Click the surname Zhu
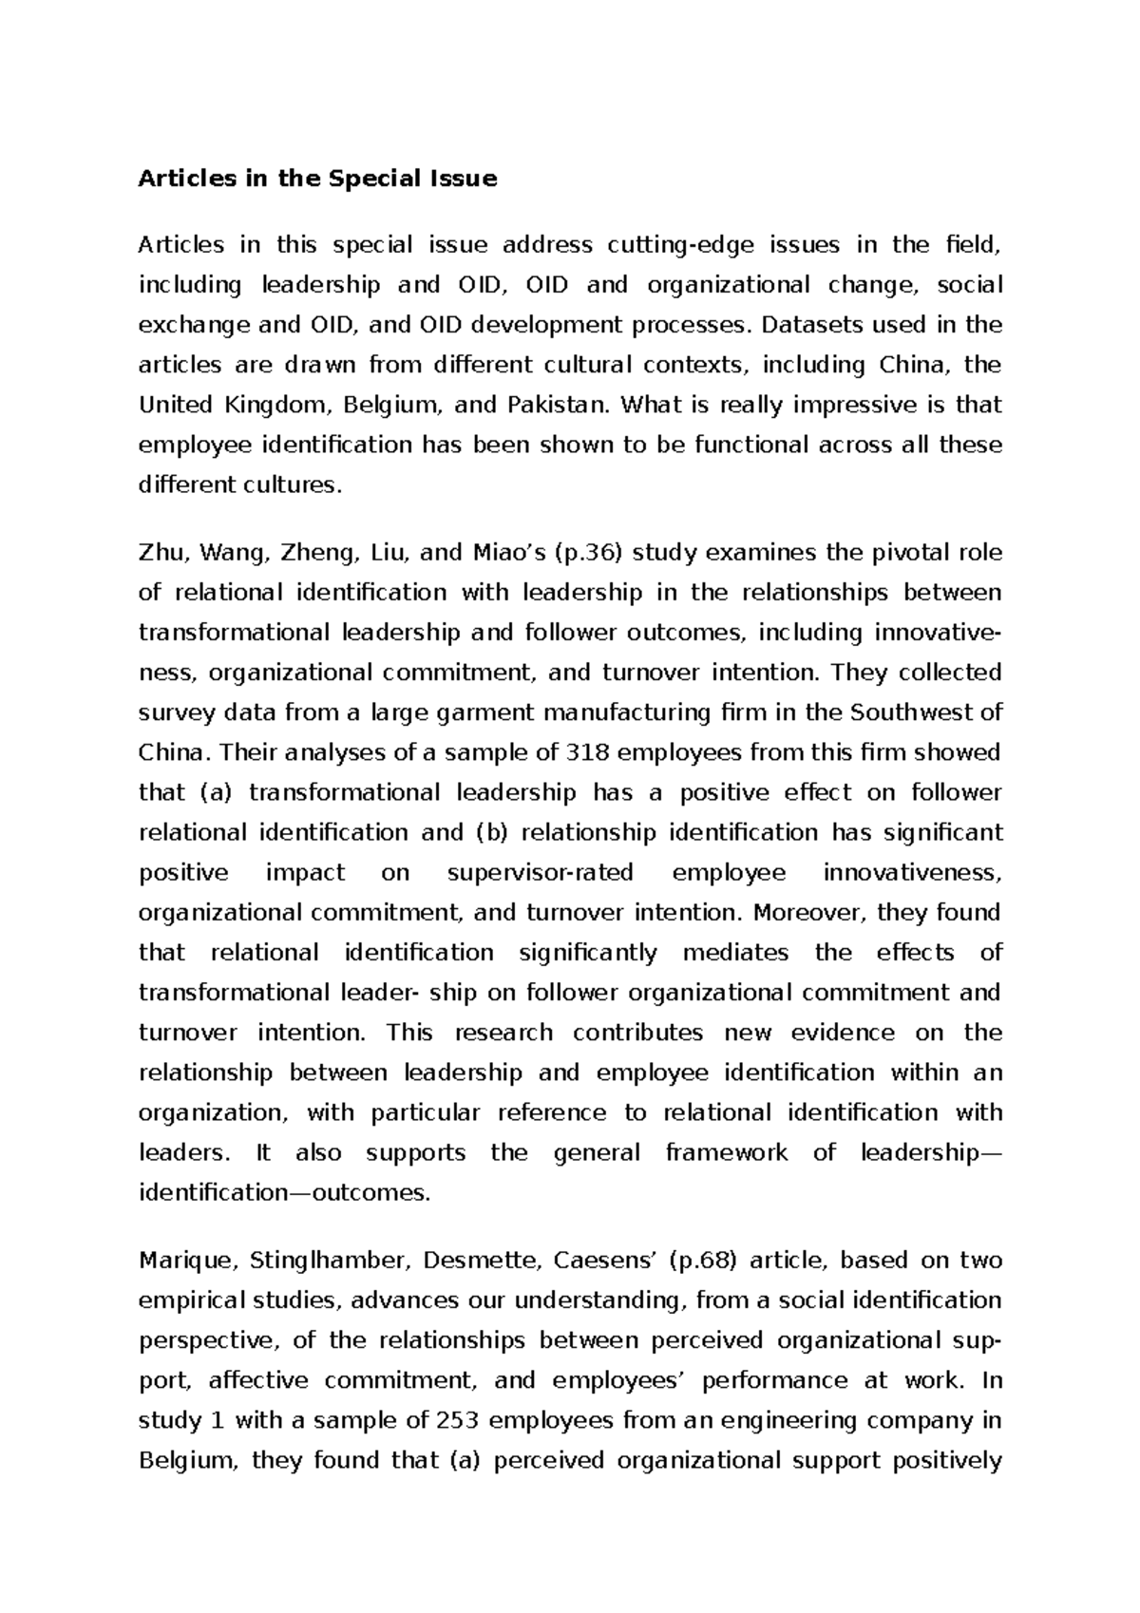pos(160,553)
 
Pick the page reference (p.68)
pos(702,1261)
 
